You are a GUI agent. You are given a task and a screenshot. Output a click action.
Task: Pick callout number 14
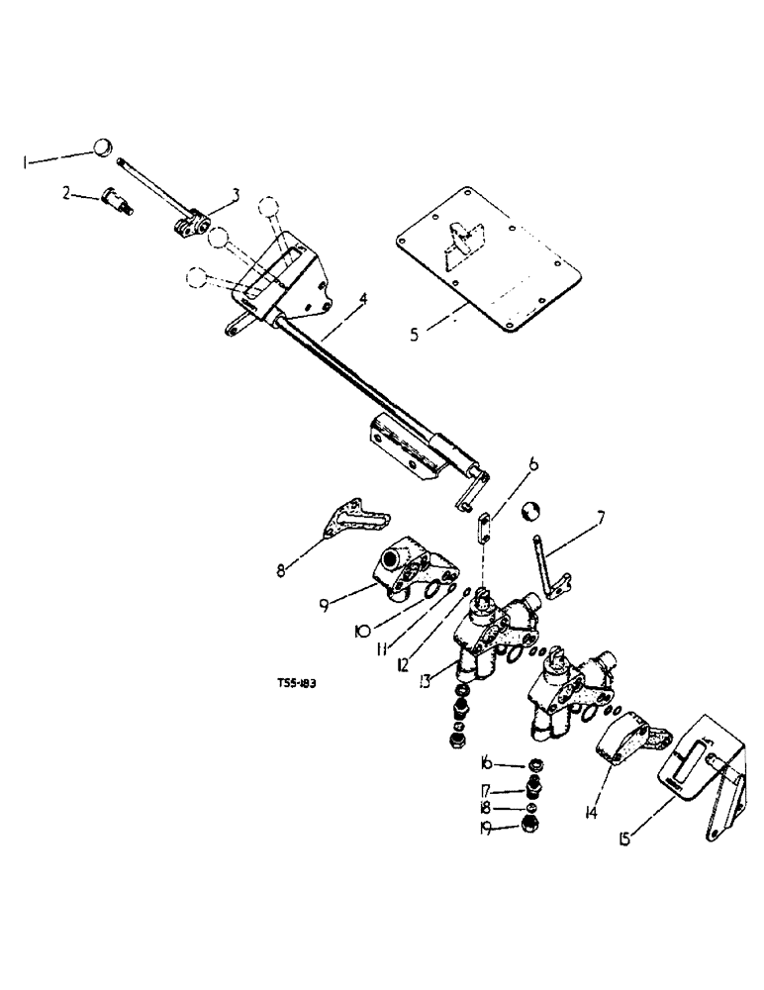[x=591, y=813]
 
